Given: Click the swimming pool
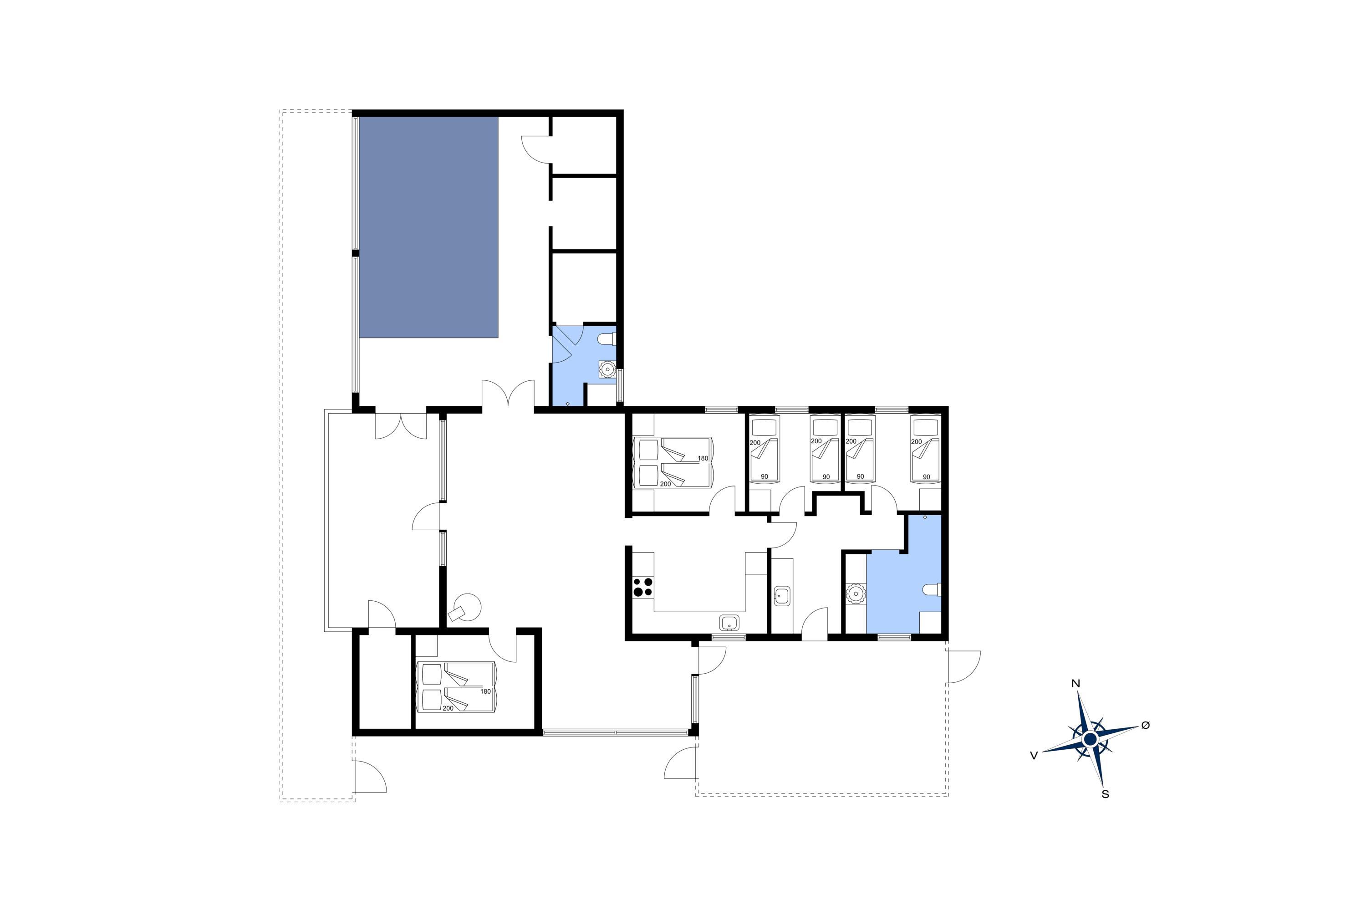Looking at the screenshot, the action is point(428,227).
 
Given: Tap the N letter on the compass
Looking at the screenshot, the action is point(1075,684).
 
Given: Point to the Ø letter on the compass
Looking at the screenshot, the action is point(1145,725).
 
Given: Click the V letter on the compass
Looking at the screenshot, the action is point(1034,755).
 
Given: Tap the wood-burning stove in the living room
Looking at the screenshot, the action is point(464,608).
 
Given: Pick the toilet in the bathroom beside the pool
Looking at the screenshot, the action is point(607,339).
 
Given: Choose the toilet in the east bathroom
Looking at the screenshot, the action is point(932,590).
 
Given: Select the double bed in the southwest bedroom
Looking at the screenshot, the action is point(457,687).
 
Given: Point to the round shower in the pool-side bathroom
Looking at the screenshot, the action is point(607,369).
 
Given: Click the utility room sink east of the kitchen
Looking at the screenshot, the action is point(782,597).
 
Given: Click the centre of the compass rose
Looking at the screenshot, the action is point(1090,739).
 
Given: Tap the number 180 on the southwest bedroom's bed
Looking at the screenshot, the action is point(485,691).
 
